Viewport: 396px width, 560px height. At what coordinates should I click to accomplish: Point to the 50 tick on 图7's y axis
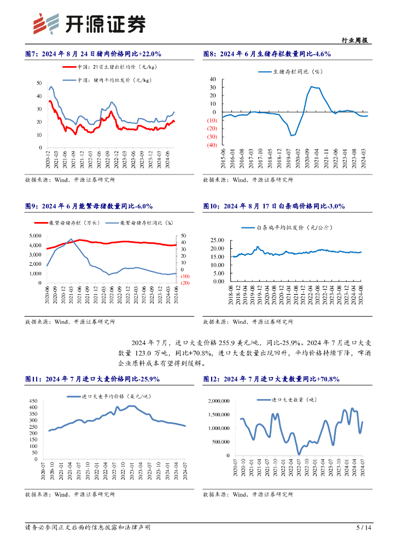[x=39, y=83]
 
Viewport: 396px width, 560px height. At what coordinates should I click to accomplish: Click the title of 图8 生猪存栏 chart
[x=267, y=54]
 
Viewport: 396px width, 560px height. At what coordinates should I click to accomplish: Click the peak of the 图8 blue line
[x=311, y=86]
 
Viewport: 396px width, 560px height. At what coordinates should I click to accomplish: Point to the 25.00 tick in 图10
[x=217, y=240]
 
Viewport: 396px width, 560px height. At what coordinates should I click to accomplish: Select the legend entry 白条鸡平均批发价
[x=290, y=227]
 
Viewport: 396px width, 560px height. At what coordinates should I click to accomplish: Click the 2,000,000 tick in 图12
[x=217, y=401]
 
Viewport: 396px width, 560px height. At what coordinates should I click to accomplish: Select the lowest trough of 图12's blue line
[x=299, y=453]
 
